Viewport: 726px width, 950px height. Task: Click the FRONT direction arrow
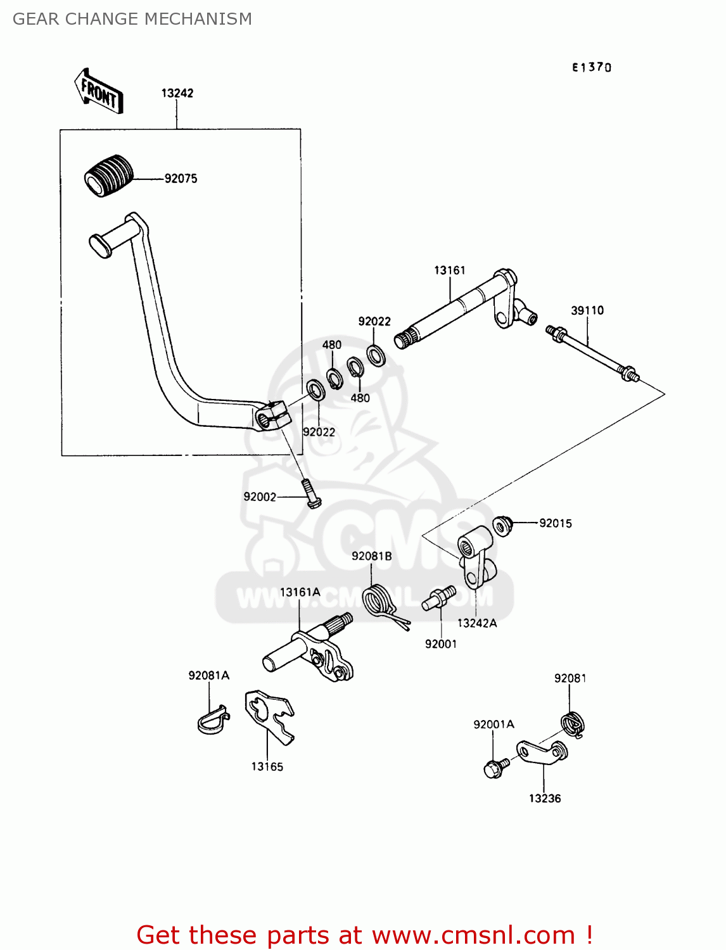99,91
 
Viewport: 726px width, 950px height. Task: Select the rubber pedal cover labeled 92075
109,174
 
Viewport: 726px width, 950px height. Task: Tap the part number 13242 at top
177,93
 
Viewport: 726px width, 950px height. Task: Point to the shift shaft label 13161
450,270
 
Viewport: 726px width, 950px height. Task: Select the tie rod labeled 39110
592,353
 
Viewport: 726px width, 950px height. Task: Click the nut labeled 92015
502,525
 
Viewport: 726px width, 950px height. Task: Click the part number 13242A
477,623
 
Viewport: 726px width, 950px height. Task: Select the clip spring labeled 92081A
212,719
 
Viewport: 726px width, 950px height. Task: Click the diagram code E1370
592,67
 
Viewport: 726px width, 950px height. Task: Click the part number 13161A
300,592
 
